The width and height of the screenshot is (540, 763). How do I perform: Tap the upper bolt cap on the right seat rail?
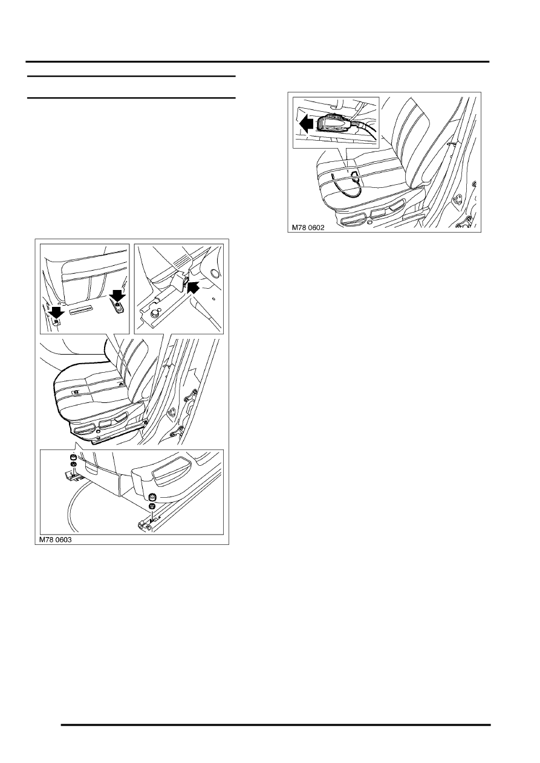click(x=152, y=497)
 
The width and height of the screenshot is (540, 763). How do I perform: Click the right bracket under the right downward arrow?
click(x=119, y=307)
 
